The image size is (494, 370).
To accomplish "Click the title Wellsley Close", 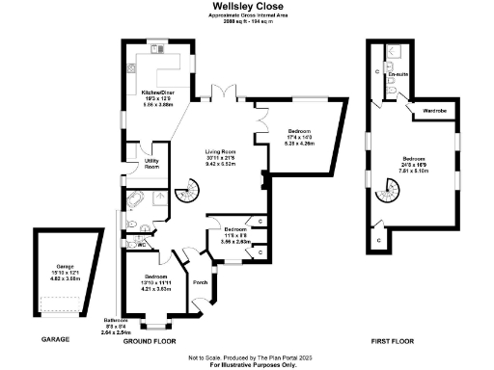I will [x=246, y=5].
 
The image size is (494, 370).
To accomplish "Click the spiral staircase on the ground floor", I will [x=186, y=197].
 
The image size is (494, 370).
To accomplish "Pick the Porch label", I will [x=201, y=283].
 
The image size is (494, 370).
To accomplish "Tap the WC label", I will [x=142, y=245].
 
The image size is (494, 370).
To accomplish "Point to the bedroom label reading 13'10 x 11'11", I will [x=156, y=281].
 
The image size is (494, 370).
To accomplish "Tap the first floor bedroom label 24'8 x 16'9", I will [x=415, y=165].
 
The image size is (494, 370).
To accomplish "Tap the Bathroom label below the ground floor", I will [x=116, y=325].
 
